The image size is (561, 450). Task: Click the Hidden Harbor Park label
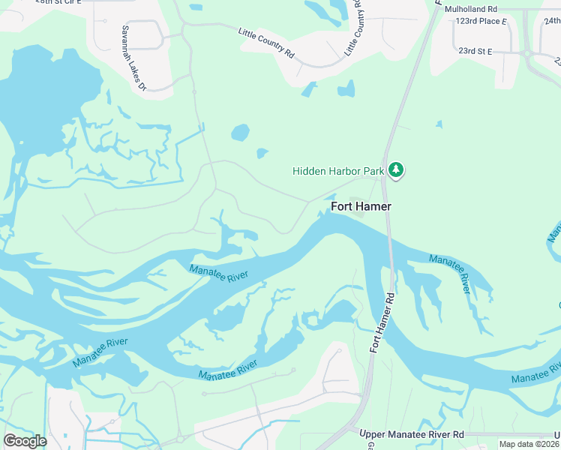[x=337, y=171]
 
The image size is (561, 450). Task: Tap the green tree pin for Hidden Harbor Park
[x=397, y=172]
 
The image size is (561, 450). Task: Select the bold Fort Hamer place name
[x=361, y=206]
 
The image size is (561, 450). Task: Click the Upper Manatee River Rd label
[x=411, y=435]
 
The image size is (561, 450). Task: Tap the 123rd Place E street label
[x=481, y=22]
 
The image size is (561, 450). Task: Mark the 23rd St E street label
[x=475, y=51]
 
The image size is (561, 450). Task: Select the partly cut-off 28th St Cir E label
[x=56, y=3]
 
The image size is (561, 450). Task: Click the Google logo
[x=25, y=440]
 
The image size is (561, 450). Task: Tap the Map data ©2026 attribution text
[x=528, y=444]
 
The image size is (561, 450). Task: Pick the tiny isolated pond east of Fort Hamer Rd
[x=439, y=124]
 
